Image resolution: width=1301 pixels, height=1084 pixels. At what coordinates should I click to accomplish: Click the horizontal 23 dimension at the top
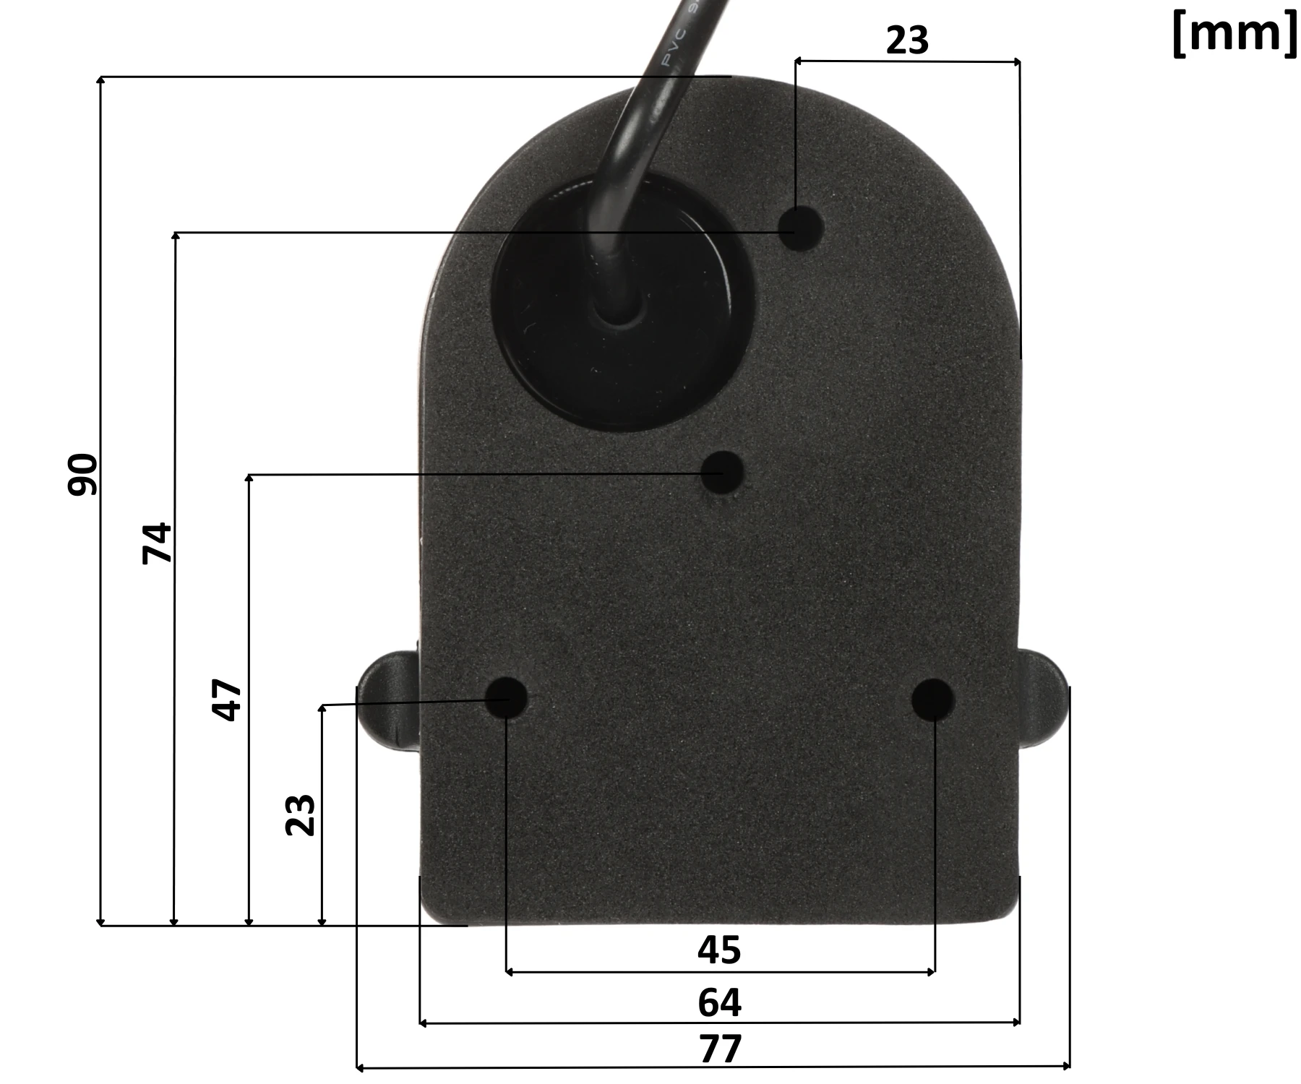(907, 40)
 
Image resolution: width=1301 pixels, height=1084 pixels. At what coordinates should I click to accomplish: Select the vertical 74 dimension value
(158, 543)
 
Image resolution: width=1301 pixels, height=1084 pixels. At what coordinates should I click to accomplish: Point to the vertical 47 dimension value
(228, 700)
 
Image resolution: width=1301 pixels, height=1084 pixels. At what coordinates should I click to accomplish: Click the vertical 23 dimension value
(301, 815)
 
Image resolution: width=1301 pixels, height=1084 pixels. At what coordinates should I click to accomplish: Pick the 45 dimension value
(719, 950)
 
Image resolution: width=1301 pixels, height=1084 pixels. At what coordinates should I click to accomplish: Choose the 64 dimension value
(719, 1002)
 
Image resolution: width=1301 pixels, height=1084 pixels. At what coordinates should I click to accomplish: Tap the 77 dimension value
(721, 1049)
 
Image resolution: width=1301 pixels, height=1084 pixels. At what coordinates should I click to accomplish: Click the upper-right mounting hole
(802, 228)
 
